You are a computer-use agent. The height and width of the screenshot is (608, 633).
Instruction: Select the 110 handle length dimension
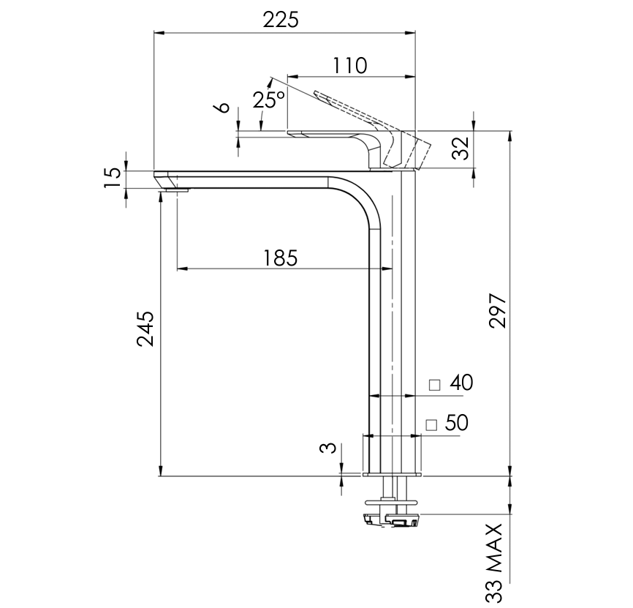point(349,65)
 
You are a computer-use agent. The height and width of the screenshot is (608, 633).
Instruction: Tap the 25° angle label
point(268,100)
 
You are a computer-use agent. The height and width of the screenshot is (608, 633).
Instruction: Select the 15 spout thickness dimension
point(111,178)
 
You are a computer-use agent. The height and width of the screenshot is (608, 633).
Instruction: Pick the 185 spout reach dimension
point(281,258)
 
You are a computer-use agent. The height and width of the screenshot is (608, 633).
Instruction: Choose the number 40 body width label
point(462,383)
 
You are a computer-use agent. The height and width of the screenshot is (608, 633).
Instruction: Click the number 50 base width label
point(456,423)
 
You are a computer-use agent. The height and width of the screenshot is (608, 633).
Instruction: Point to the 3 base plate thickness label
point(330,448)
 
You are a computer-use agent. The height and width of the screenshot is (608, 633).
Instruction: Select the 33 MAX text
point(496,562)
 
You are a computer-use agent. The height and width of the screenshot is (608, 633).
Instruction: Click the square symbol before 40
point(435,385)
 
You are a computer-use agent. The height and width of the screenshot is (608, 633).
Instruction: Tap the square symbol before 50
point(431,424)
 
